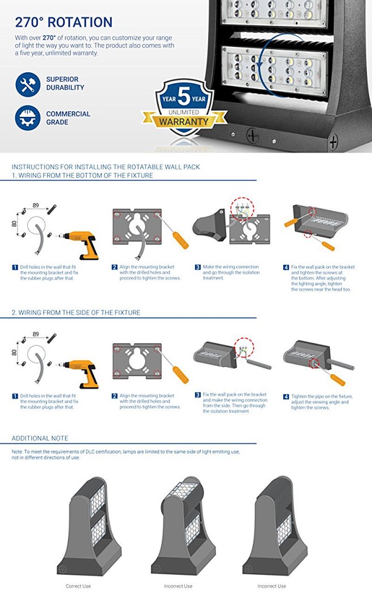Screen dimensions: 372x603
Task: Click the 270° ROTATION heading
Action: coord(63,23)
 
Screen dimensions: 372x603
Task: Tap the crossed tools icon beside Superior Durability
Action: coord(28,85)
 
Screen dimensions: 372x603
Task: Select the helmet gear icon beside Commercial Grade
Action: coord(28,117)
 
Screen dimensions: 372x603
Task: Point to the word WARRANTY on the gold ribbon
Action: coord(184,121)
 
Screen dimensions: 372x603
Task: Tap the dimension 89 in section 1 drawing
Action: coord(36,206)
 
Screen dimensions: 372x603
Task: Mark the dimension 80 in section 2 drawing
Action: coord(15,352)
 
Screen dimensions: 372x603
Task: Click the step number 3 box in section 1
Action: coord(198,267)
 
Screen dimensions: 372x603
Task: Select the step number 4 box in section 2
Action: coord(286,396)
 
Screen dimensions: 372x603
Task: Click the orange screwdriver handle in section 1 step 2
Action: coord(180,240)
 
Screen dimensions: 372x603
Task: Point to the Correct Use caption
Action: coord(78,586)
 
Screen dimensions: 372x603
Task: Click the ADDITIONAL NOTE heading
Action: coord(40,438)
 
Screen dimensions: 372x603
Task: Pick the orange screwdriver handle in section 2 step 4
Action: coord(338,379)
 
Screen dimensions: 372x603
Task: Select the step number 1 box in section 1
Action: coord(15,267)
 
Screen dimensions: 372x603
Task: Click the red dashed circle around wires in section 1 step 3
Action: coord(242,209)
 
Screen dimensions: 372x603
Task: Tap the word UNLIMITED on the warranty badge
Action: coord(184,112)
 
